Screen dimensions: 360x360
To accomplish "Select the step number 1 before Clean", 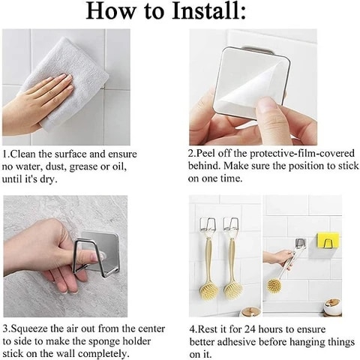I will pos(5,152).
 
